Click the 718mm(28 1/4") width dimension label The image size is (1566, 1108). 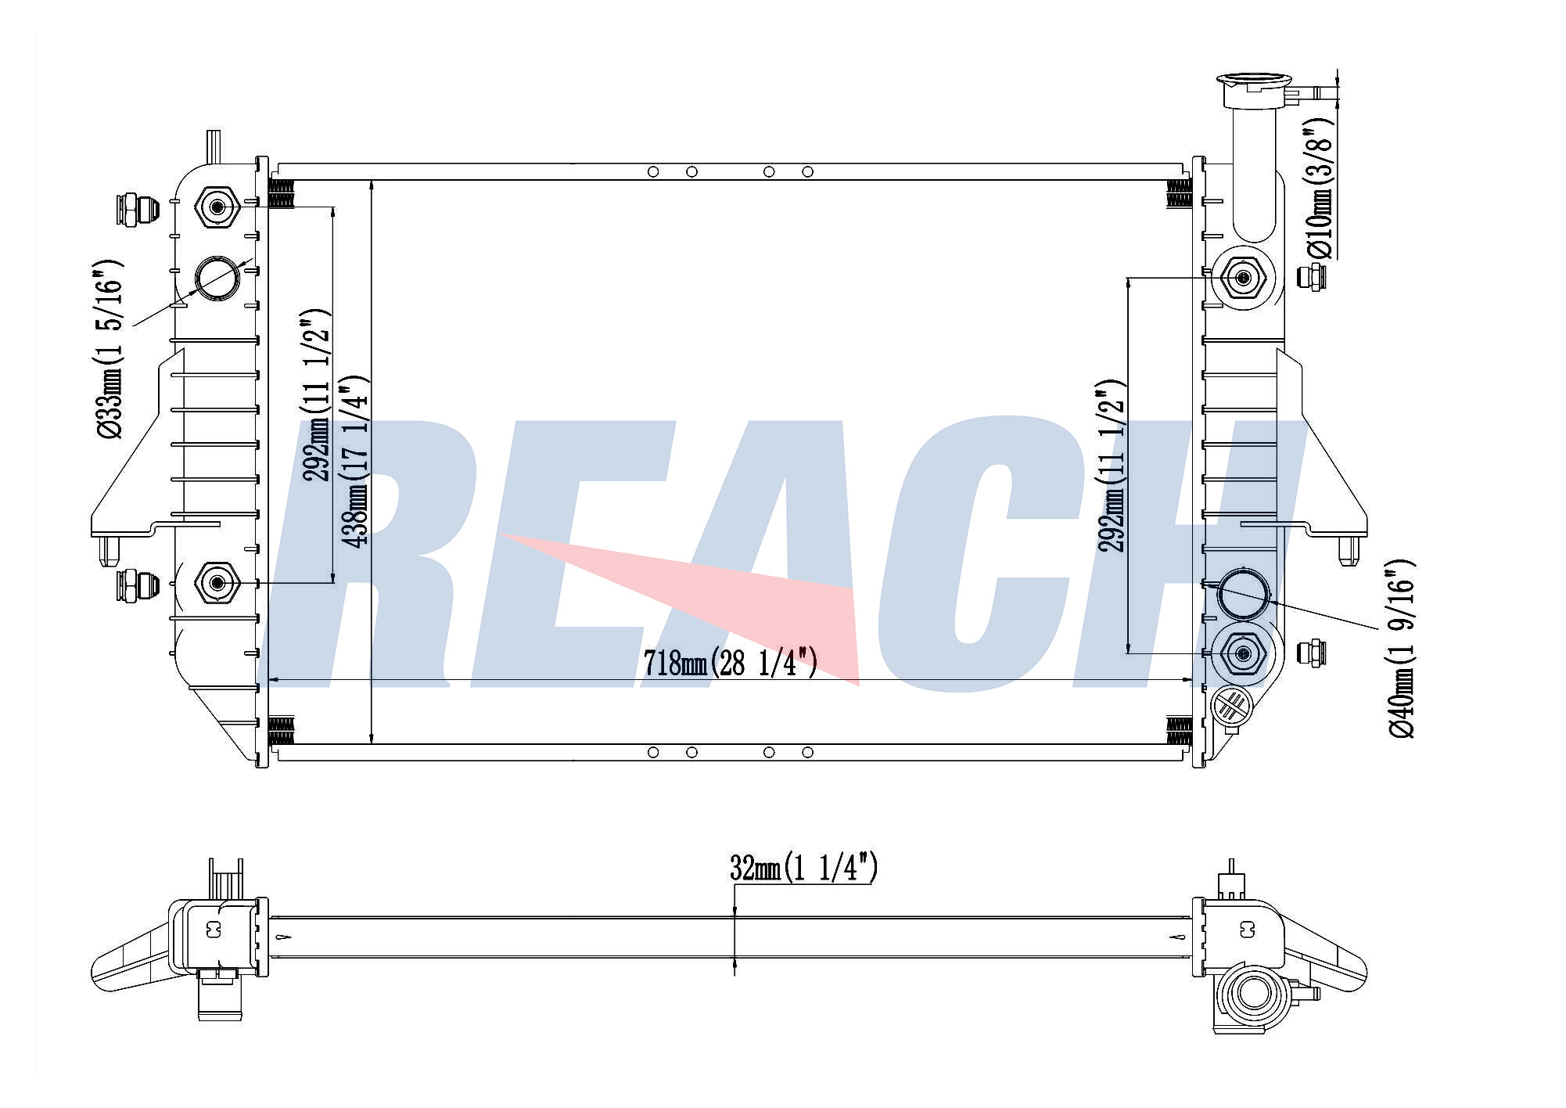click(x=730, y=664)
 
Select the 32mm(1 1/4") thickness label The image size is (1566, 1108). click(x=803, y=868)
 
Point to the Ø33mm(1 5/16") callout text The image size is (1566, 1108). click(x=110, y=349)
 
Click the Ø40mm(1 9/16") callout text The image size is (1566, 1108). click(x=1401, y=649)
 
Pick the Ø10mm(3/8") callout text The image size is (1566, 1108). click(x=1320, y=189)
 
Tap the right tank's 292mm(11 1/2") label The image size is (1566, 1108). click(x=1112, y=466)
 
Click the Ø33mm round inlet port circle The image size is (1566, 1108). click(x=217, y=278)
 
